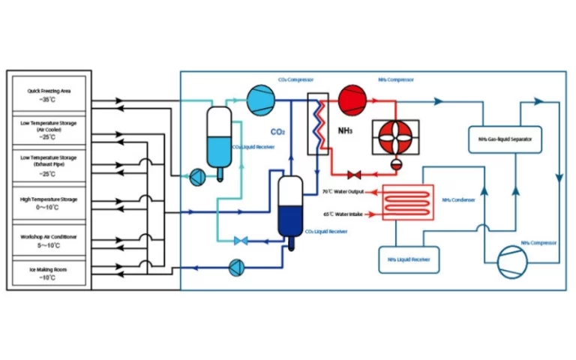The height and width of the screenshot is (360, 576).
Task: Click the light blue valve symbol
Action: (x=241, y=241)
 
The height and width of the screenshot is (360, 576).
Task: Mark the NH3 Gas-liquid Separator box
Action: (x=504, y=138)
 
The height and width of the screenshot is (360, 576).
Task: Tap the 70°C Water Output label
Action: (x=343, y=193)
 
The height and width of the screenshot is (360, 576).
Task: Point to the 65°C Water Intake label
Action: (x=343, y=214)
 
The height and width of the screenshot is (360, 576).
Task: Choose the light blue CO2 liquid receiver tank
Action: (x=219, y=139)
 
